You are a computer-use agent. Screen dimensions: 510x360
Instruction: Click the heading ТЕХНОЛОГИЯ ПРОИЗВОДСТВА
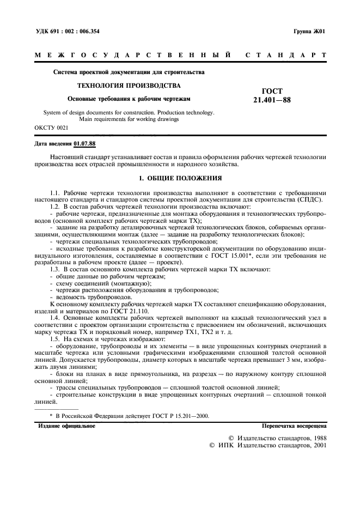[x=129, y=86]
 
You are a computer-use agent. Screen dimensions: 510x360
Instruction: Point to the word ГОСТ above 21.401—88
[x=272, y=91]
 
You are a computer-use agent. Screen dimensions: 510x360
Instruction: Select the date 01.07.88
[x=84, y=144]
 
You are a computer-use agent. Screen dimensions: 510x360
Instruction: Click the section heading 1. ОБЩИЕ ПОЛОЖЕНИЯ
[x=180, y=178]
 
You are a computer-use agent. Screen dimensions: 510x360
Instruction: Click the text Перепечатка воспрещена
[x=294, y=426]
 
